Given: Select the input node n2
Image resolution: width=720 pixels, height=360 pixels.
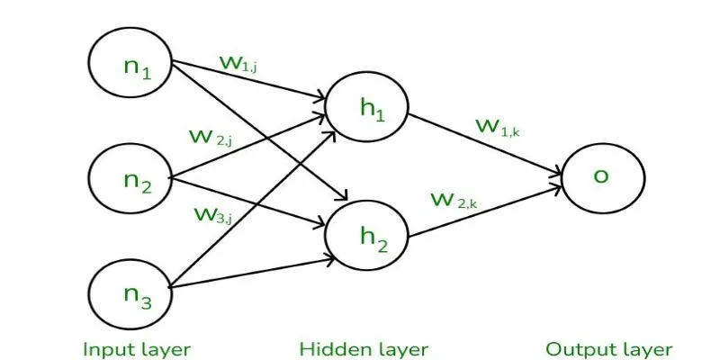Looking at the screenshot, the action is [130, 177].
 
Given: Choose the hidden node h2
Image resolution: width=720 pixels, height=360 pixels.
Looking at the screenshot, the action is [366, 236].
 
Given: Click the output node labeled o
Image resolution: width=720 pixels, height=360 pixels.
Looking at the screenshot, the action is [603, 177].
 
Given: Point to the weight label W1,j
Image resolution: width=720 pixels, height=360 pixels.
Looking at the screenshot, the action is [238, 63].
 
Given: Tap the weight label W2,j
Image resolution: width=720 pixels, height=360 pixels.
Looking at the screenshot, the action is [210, 137].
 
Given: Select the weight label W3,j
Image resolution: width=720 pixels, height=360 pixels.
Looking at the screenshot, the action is [212, 214].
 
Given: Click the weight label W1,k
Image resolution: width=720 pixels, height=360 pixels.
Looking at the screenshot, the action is [498, 126].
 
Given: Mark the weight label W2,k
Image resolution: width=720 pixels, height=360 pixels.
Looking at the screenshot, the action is [454, 200].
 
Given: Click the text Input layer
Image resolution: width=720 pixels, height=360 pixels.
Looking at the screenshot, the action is [137, 350].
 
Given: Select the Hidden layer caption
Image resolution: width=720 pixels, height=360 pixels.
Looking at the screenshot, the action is [364, 350].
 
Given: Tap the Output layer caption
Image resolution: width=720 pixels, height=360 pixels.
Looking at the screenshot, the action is [609, 350].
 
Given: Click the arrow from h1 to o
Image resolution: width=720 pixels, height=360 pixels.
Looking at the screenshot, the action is [485, 144].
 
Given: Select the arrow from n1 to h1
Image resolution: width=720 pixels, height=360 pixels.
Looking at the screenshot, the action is [248, 79].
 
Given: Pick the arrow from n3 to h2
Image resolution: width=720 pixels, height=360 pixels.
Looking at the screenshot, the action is [252, 274].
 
